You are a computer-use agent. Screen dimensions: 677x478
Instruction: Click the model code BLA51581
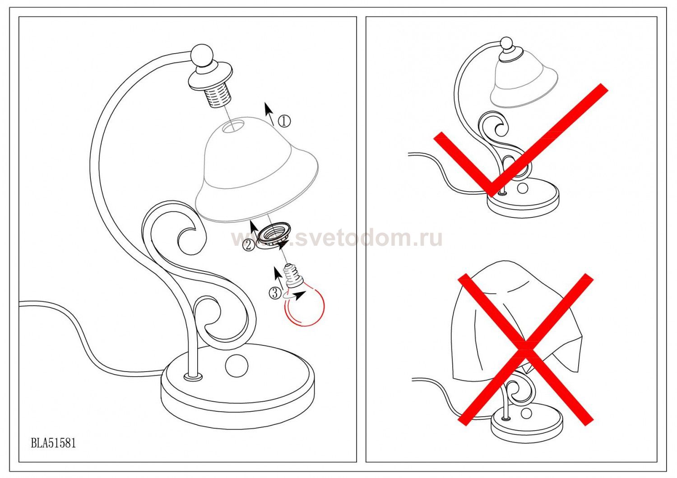(53, 443)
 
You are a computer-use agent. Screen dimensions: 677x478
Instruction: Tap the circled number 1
(284, 121)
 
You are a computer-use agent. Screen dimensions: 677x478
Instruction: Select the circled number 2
(249, 245)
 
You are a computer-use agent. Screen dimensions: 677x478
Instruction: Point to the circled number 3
(275, 293)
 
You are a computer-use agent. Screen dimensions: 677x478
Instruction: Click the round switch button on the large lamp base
(236, 366)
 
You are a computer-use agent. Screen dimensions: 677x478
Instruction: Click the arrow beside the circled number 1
(269, 114)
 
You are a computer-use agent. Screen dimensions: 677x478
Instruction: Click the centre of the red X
(526, 349)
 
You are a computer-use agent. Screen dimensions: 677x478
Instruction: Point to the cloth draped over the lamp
(517, 320)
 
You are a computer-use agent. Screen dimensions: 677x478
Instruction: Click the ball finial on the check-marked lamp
(506, 43)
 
